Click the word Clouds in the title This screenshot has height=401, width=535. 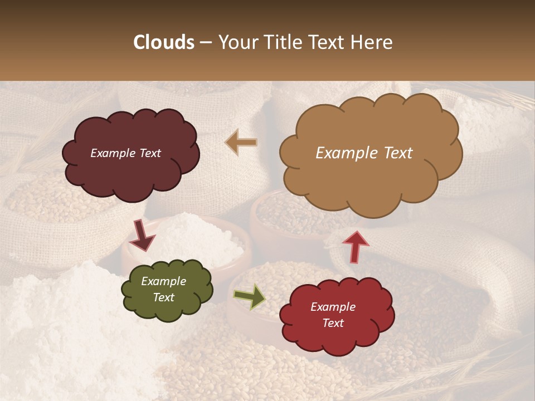[x=164, y=42]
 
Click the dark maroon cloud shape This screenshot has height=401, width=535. [x=131, y=173]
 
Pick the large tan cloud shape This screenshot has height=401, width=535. [x=371, y=178]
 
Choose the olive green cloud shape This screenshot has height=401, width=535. [x=167, y=309]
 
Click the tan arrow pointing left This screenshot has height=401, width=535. [x=241, y=143]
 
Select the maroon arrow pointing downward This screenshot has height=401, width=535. [x=143, y=234]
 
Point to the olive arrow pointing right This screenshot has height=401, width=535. [x=249, y=296]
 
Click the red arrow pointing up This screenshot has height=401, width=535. [x=355, y=246]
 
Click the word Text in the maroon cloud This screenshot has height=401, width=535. [x=149, y=153]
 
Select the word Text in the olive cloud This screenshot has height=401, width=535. [x=164, y=297]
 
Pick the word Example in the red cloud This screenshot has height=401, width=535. [x=333, y=307]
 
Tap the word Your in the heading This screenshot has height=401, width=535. [x=236, y=42]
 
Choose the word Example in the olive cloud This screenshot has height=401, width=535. [x=164, y=281]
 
